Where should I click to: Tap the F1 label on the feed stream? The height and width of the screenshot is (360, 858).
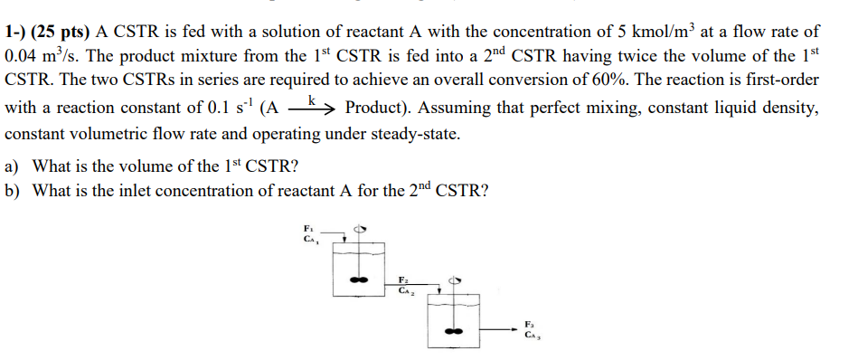pos(308,227)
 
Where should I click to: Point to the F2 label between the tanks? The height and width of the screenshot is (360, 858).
pos(404,279)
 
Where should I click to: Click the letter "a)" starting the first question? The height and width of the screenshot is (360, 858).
pos(13,166)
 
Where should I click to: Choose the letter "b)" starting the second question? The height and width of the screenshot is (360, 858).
pos(13,192)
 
